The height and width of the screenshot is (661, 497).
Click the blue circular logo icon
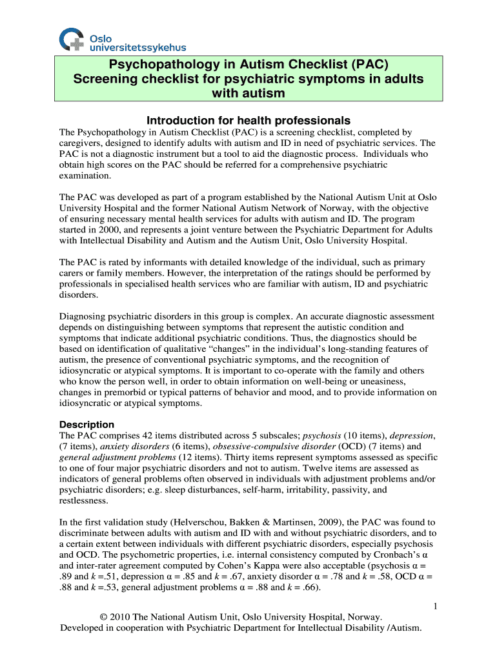[71, 39]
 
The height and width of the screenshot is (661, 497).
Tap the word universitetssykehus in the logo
[137, 47]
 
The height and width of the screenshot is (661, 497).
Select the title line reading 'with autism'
[249, 94]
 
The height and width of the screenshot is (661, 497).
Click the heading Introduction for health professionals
[249, 121]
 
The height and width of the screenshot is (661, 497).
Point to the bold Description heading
[86, 425]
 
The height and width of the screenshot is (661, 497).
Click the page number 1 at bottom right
[436, 605]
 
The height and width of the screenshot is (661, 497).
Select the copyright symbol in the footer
[104, 617]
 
